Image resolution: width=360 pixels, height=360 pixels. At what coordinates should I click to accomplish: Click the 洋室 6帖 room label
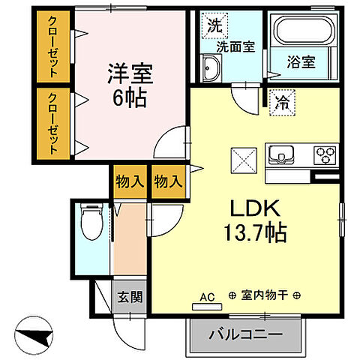point(130,85)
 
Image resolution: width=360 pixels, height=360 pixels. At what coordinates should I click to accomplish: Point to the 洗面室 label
point(236,46)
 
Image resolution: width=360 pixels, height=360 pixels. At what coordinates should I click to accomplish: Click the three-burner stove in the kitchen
point(325,155)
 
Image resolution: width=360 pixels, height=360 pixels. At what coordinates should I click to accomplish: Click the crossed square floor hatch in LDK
point(242,159)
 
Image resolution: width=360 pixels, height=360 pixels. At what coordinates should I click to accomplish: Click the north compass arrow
point(37,333)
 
